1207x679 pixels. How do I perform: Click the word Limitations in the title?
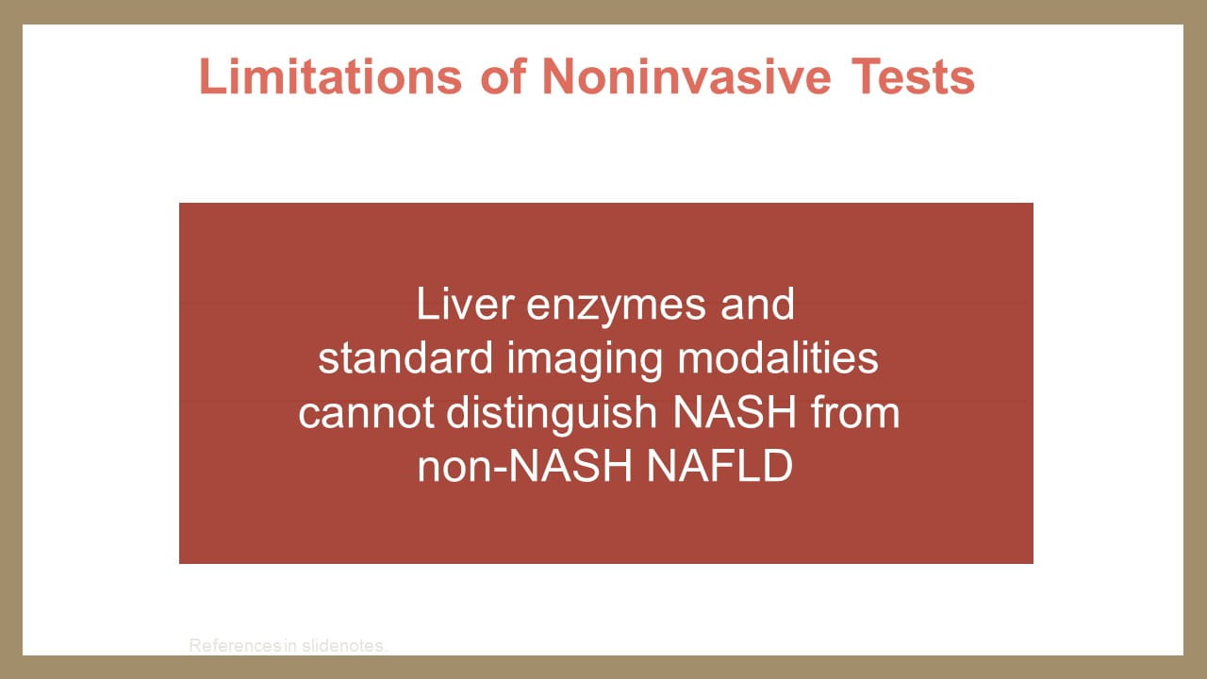331,76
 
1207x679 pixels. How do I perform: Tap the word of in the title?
504,76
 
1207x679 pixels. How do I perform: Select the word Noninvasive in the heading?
686,76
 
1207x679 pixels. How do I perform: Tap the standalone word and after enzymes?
757,304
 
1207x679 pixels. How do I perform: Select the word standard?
405,357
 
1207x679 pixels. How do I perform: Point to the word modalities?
778,357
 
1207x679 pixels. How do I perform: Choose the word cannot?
367,413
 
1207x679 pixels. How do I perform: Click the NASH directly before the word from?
735,412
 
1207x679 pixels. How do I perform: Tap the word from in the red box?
855,412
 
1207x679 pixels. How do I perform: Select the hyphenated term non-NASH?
525,466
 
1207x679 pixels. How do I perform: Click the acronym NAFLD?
719,466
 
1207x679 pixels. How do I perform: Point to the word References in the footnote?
235,645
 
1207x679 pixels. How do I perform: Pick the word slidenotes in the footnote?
344,645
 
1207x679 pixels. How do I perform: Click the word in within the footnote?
290,645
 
